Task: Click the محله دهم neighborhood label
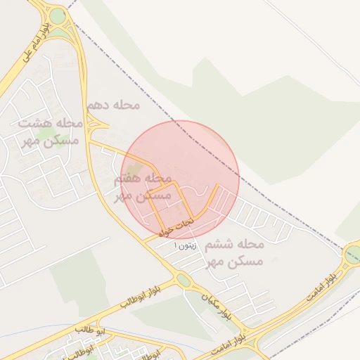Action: (x=112, y=105)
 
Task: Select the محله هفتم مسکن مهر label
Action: (x=143, y=188)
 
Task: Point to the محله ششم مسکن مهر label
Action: (x=235, y=253)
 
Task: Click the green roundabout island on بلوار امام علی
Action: (x=58, y=15)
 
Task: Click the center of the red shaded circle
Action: (x=180, y=179)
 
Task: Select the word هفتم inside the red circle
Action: (x=130, y=180)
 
